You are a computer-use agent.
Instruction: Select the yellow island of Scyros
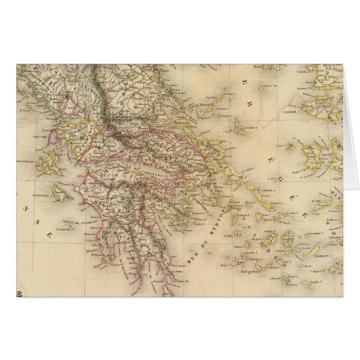[x=240, y=130]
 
